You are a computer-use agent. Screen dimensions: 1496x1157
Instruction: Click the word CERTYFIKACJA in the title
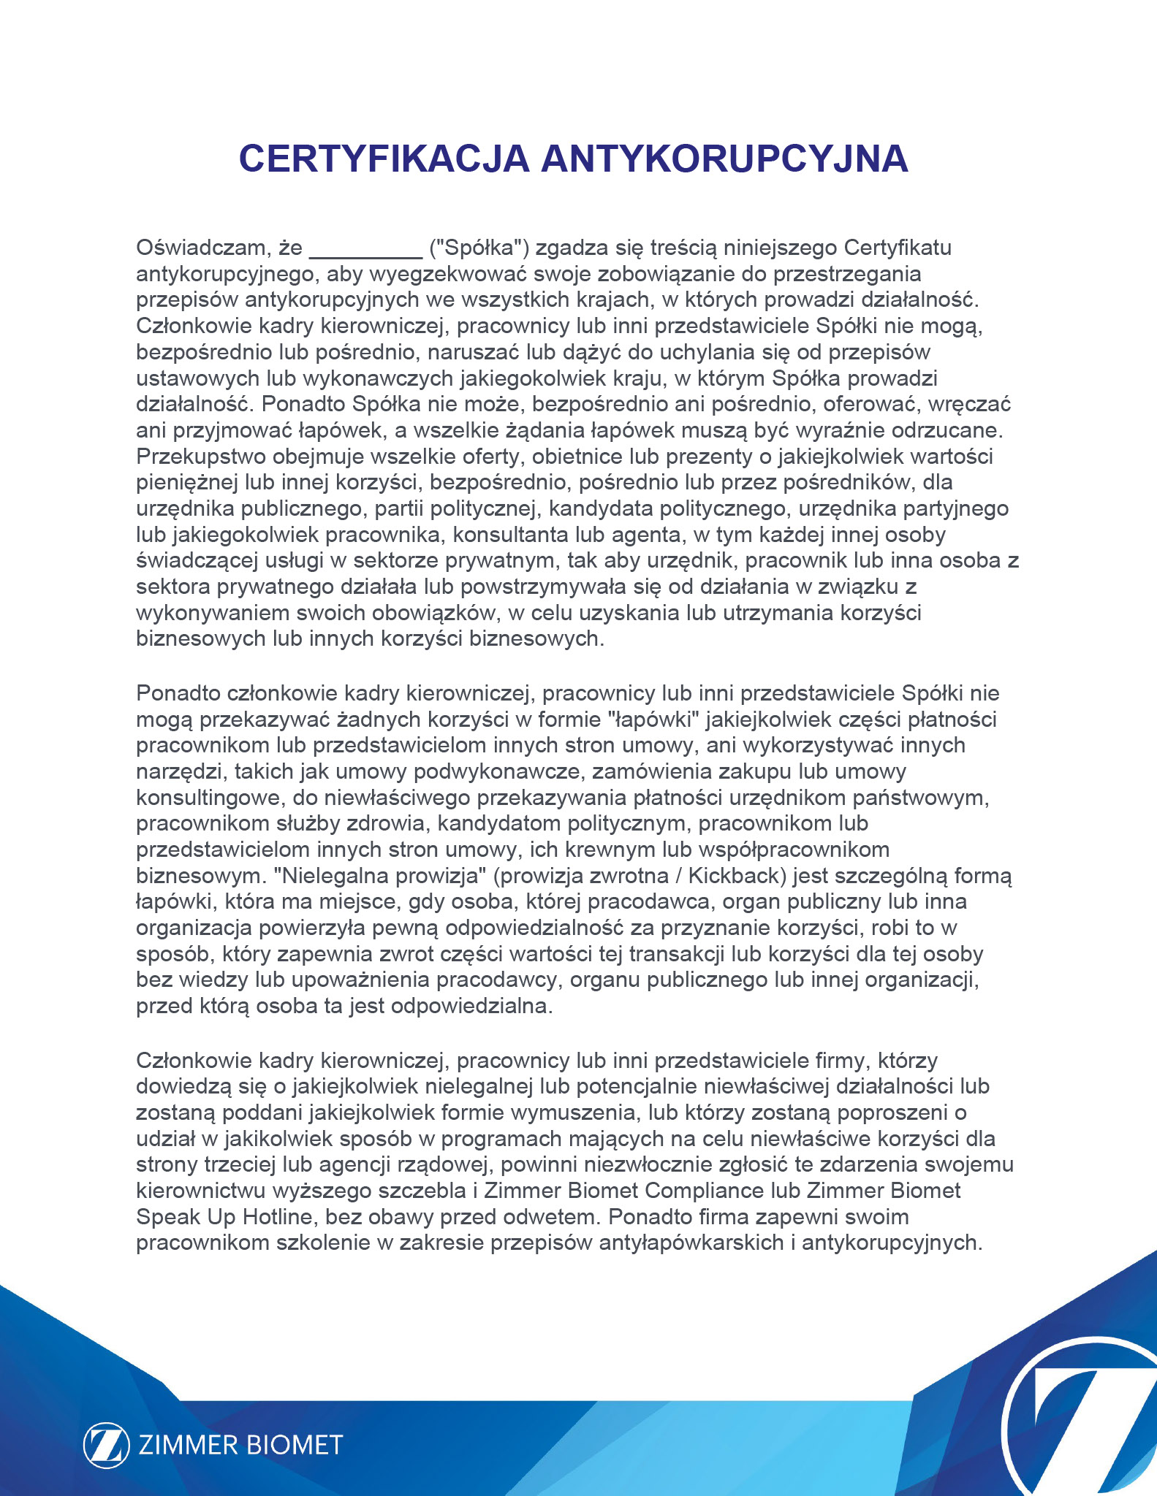tap(383, 159)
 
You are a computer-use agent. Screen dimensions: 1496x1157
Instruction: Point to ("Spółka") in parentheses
tap(479, 248)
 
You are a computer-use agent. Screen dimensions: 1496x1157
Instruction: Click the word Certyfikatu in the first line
tap(898, 248)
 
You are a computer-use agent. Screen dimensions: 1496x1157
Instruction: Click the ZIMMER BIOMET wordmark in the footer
tap(240, 1445)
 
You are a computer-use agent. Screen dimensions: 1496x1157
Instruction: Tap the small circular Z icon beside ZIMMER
tap(107, 1445)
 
